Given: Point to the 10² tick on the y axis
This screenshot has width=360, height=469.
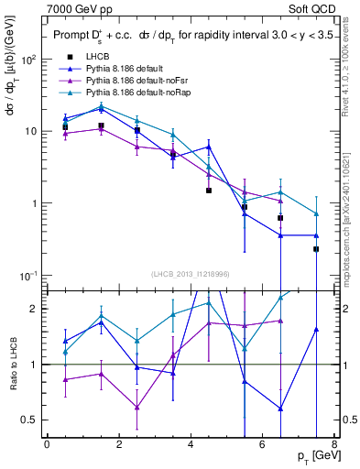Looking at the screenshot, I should (x=27, y=60).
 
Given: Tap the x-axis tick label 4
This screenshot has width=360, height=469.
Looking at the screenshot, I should (x=191, y=444).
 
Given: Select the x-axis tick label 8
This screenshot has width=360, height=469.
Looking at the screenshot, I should (x=333, y=444).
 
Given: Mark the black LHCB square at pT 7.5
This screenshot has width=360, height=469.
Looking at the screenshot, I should (x=316, y=249).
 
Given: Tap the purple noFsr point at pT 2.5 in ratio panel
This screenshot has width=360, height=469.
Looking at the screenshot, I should (x=136, y=408).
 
